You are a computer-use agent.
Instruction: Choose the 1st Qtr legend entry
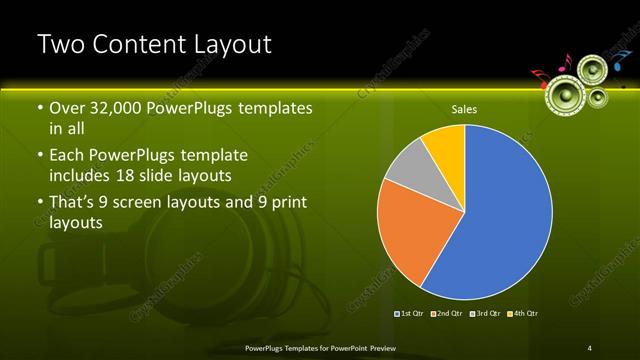point(411,313)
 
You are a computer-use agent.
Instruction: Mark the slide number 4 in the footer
point(590,347)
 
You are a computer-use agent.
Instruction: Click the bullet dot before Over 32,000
point(39,108)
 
